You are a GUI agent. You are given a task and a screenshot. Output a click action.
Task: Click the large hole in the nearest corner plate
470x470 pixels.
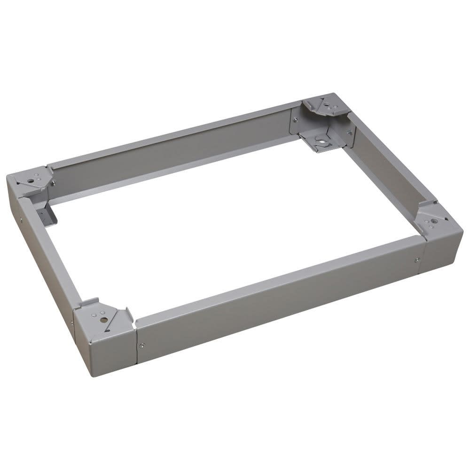[104, 320]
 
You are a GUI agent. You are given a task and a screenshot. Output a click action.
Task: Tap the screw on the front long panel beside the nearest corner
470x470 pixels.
[142, 346]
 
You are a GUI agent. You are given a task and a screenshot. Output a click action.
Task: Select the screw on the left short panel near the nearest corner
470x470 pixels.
[72, 323]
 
